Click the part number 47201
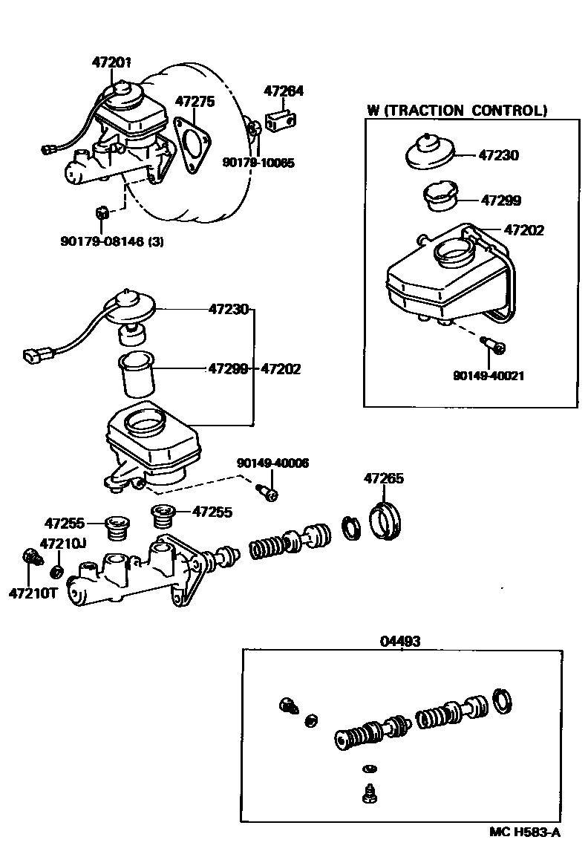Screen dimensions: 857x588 111,63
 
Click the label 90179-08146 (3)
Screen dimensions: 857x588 111,240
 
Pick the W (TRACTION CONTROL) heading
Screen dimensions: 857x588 457,111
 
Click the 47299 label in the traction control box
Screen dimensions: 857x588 500,201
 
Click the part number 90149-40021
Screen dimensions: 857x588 488,376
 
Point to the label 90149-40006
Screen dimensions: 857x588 273,463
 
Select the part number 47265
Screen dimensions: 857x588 383,479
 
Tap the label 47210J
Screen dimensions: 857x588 62,544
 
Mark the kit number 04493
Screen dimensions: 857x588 400,641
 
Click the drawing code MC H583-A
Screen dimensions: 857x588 524,832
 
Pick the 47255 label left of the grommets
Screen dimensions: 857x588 64,523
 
